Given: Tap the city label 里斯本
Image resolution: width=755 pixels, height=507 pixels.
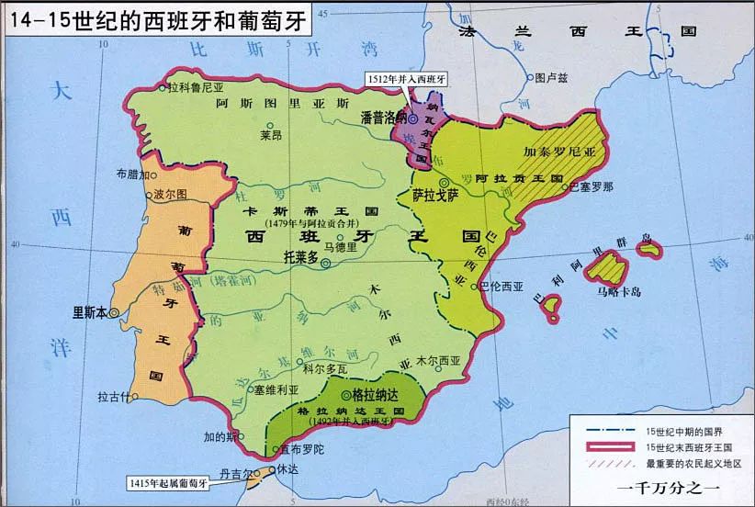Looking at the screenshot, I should tap(90, 311).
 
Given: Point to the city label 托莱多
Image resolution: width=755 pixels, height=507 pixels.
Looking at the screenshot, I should tap(300, 259).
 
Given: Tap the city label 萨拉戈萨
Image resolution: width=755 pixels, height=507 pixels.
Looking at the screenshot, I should tap(435, 196).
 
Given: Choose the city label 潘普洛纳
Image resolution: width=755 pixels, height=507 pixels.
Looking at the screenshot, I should tap(383, 118).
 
